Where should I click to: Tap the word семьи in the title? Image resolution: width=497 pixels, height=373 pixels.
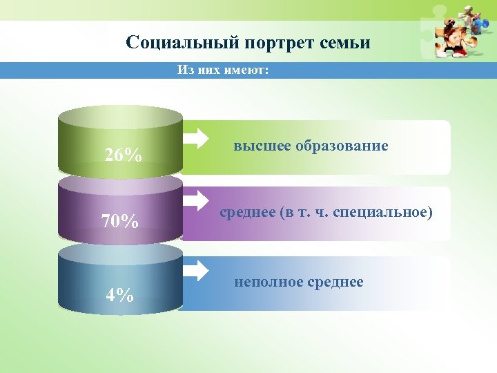[345, 43]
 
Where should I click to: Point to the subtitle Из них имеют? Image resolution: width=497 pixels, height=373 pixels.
[222, 70]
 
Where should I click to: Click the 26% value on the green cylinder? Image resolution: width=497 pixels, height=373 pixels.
[124, 155]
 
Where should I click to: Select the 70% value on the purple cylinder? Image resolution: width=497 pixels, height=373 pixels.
[119, 222]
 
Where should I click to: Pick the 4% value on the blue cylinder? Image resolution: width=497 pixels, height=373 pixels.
[119, 294]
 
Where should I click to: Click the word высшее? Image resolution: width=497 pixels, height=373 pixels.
[262, 146]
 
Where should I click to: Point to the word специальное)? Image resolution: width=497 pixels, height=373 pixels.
[383, 213]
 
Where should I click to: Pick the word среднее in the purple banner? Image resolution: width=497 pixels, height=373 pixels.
[247, 213]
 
